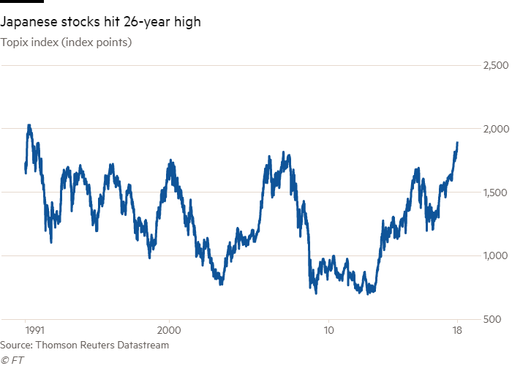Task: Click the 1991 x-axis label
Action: pyautogui.click(x=26, y=331)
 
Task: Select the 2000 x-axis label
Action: pyautogui.click(x=170, y=331)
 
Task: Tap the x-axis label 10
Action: pyautogui.click(x=328, y=331)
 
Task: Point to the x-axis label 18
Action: pyautogui.click(x=458, y=331)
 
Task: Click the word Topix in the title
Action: pyautogui.click(x=13, y=42)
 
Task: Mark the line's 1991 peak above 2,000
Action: pyautogui.click(x=29, y=125)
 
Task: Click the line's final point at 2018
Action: pyautogui.click(x=458, y=143)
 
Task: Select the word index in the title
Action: pyautogui.click(x=42, y=42)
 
